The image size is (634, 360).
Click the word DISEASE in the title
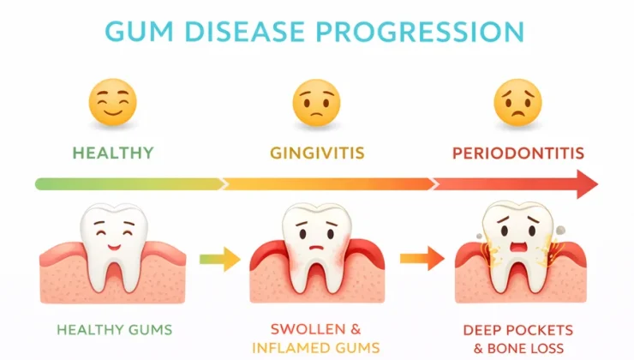245,31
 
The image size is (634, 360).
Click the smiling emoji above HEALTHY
113,102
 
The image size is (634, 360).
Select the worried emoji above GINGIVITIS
317,102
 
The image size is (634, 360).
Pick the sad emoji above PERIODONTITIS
518,102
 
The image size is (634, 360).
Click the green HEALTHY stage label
113,153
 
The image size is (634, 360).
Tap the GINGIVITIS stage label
317,153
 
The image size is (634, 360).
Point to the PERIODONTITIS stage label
518,153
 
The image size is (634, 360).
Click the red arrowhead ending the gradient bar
587,184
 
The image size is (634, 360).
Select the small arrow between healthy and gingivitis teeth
219,259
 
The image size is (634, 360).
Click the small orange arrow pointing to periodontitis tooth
422,259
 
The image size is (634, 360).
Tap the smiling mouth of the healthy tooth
114,246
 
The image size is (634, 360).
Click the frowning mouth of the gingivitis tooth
317,248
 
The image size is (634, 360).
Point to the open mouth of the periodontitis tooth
518,247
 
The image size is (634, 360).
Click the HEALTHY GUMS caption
115,330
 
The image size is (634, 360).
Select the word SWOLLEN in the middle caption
305,329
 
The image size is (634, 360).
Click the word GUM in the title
140,31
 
